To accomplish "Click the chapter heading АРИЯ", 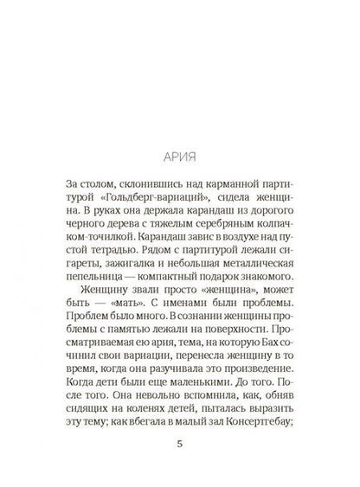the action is pyautogui.click(x=180, y=160).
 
